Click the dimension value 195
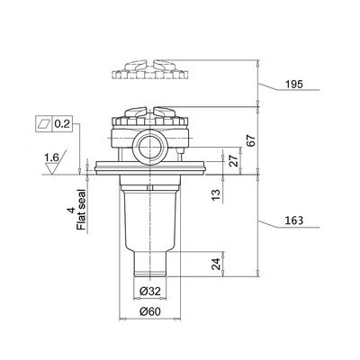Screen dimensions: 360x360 (287, 84)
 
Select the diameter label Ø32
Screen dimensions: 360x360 (150, 292)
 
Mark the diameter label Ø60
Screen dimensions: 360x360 (150, 311)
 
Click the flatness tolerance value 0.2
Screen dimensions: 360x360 (63, 121)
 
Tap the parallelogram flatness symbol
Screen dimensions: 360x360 (44, 121)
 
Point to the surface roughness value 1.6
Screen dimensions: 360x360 (52, 157)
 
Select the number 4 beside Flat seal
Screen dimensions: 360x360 (69, 212)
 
